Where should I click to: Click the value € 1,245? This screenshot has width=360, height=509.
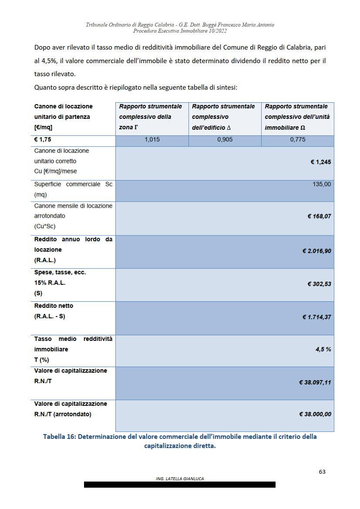click(320, 162)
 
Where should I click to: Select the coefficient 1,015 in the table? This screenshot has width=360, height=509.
click(152, 140)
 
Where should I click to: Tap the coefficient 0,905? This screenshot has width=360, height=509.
click(225, 140)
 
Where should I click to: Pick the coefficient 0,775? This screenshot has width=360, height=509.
click(298, 140)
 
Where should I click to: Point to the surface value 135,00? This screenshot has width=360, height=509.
click(322, 184)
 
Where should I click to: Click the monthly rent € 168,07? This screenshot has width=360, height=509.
click(319, 216)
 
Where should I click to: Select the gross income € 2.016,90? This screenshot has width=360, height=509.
click(316, 251)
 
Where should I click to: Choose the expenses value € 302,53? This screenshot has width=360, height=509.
click(319, 284)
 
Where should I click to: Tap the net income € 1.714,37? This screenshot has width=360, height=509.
click(316, 317)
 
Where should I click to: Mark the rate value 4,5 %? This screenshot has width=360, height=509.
click(323, 349)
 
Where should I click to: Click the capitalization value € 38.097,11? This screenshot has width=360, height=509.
click(315, 382)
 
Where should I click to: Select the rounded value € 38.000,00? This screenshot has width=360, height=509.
click(315, 414)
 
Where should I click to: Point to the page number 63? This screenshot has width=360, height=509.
click(322, 472)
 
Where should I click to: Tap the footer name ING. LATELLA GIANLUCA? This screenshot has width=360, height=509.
click(180, 479)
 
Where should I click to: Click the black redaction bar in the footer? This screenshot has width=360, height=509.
click(180, 485)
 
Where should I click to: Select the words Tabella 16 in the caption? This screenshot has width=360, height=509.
click(59, 437)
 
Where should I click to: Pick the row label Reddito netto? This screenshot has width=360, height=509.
click(54, 306)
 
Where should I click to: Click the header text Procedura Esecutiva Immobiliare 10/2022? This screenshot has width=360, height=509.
click(180, 31)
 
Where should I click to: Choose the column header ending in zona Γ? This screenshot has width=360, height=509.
click(151, 117)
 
